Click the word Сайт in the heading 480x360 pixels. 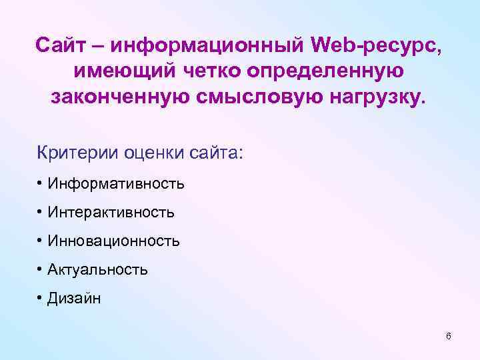tap(62, 46)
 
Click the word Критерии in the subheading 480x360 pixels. tap(79, 153)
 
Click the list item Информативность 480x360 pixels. tap(115, 183)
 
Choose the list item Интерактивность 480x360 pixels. tap(111, 212)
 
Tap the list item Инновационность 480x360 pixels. tap(113, 241)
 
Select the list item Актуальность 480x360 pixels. tap(97, 269)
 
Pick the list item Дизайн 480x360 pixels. tap(74, 298)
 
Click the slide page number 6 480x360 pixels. tap(448, 336)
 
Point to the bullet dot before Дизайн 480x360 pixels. tap(41, 298)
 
